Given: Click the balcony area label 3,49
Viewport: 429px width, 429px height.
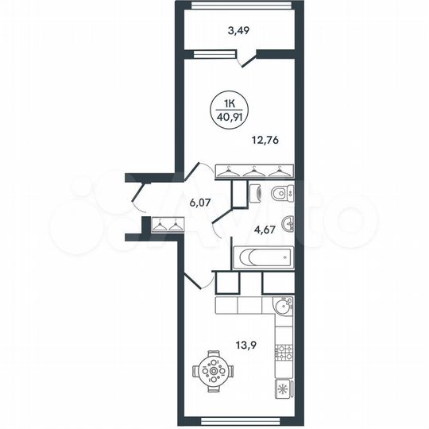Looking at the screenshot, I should (239, 32).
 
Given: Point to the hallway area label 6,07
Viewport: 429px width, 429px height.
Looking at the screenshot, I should (202, 203).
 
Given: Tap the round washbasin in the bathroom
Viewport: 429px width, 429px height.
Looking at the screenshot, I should (288, 224).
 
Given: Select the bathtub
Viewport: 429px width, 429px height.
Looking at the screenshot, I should (262, 258).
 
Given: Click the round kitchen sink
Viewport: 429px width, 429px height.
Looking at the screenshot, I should (282, 306).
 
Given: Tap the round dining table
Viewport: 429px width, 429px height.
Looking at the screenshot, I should (212, 369).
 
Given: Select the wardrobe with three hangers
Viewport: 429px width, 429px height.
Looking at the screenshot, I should (255, 171).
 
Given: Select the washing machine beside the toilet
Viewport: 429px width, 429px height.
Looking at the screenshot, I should (255, 194).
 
